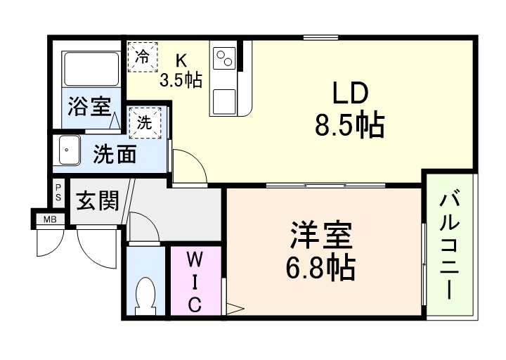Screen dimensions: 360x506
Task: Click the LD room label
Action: pyautogui.click(x=349, y=94)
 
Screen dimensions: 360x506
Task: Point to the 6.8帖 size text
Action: pyautogui.click(x=323, y=267)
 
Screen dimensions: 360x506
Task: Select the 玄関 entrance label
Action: pyautogui.click(x=97, y=201)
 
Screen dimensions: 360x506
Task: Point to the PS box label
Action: pyautogui.click(x=58, y=193)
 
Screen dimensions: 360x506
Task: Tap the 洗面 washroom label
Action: pyautogui.click(x=115, y=154)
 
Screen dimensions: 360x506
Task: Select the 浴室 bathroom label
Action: pyautogui.click(x=89, y=108)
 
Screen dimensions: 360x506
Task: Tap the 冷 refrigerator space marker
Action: pyautogui.click(x=142, y=56)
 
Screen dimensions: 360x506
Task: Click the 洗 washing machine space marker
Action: pyautogui.click(x=145, y=122)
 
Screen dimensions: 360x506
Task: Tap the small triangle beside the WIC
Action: pyautogui.click(x=234, y=307)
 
